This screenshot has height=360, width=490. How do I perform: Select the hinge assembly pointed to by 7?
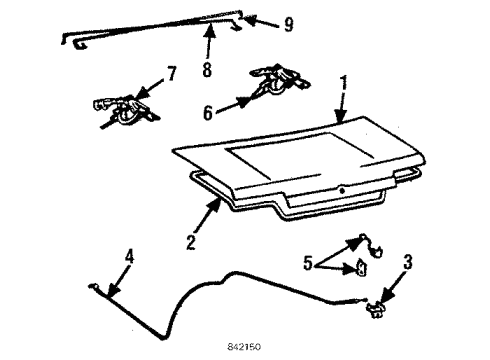pyautogui.click(x=124, y=108)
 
